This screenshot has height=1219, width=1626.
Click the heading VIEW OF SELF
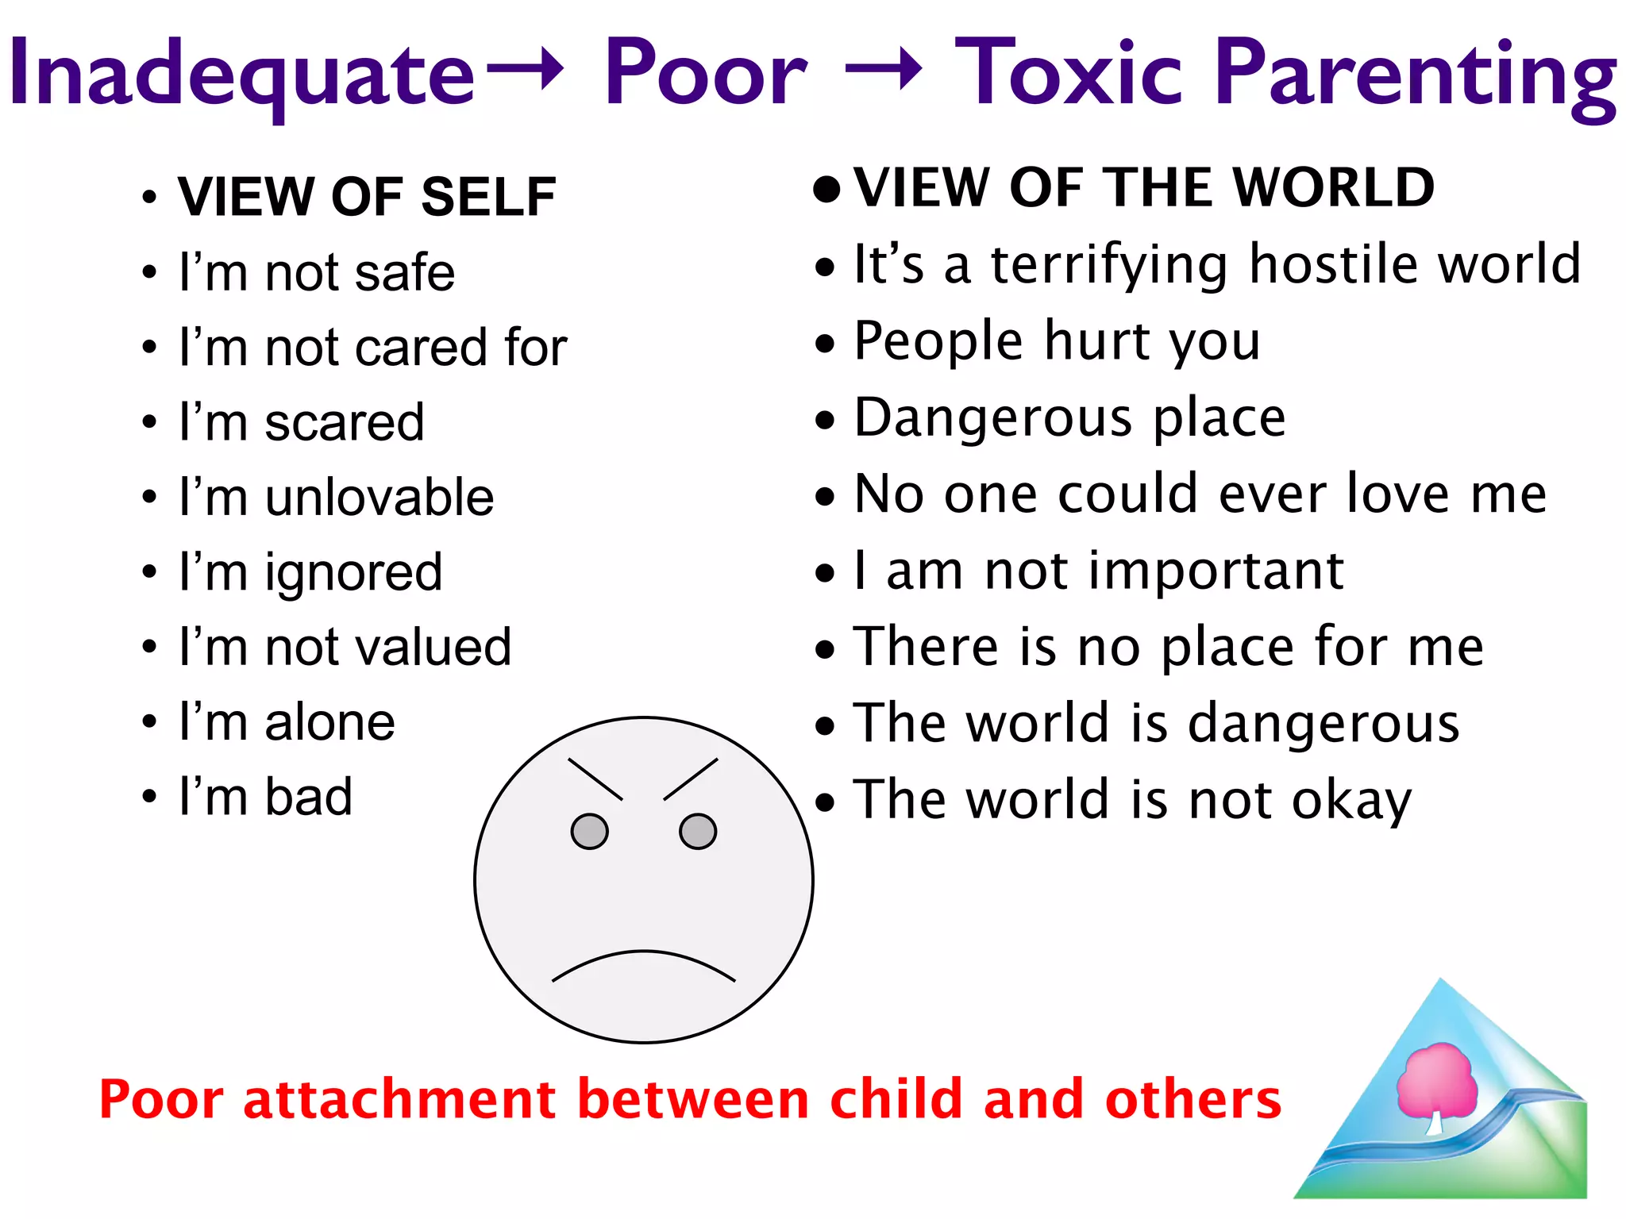point(366,196)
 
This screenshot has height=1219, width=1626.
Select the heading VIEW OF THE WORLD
point(1143,188)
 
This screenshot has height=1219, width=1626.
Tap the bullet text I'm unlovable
point(337,498)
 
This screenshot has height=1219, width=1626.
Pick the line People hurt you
point(1057,342)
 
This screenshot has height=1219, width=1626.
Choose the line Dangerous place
point(1069,418)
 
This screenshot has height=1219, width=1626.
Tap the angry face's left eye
point(589,831)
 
